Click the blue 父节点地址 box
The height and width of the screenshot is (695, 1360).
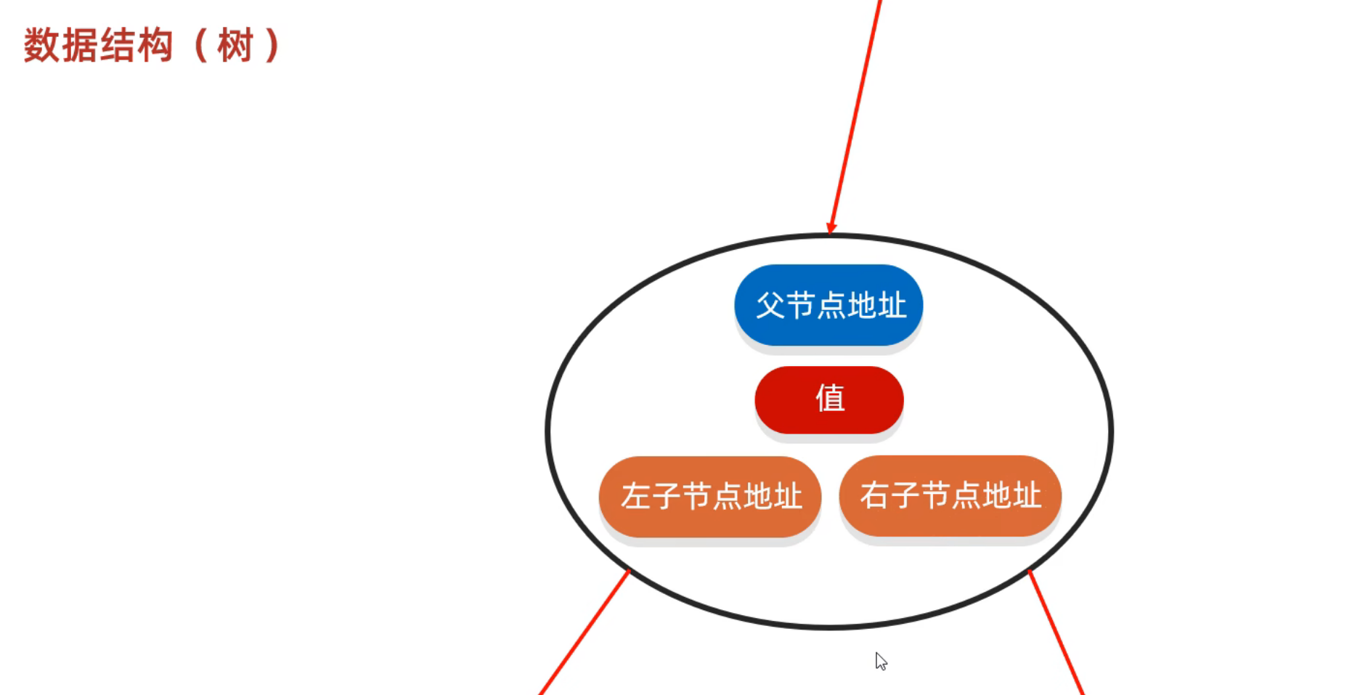pos(828,305)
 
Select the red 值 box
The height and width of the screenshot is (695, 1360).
pos(829,399)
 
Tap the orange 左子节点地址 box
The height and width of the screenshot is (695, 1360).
pos(709,497)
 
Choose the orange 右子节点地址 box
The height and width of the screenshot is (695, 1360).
pos(950,496)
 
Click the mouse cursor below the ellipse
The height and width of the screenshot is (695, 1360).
pos(881,661)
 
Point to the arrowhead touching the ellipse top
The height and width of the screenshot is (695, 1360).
pos(832,228)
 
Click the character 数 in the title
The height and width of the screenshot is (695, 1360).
pos(41,46)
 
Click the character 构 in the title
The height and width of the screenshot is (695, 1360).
pos(155,46)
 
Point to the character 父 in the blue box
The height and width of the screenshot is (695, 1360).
pos(770,305)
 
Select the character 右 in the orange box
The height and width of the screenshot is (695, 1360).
pos(875,496)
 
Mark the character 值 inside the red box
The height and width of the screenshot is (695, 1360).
pos(830,399)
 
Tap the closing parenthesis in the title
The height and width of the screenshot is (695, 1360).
pos(273,46)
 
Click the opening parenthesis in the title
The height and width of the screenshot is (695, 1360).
pos(200,46)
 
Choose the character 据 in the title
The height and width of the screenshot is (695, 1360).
pos(79,46)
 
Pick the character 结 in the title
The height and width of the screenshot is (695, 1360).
pos(117,46)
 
